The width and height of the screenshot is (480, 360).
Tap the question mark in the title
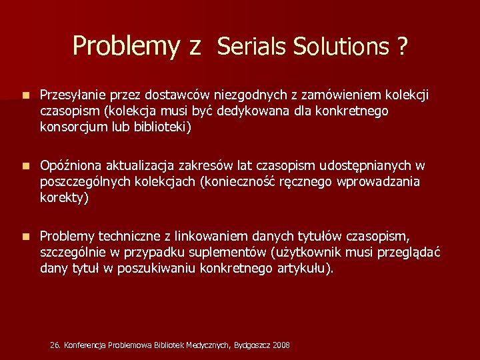(x=402, y=46)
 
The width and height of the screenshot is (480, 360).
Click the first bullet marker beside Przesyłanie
(x=25, y=96)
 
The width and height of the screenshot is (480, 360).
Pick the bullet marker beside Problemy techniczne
(x=25, y=236)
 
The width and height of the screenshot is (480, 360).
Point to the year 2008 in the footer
(x=281, y=345)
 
